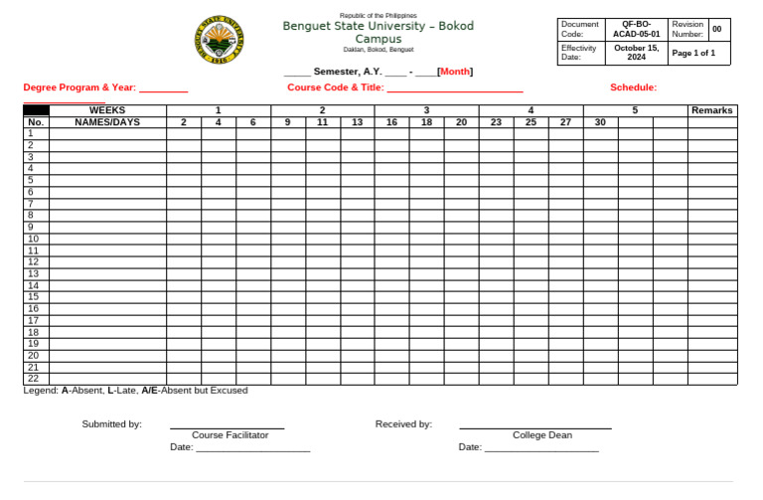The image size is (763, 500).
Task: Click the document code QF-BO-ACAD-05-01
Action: point(636,28)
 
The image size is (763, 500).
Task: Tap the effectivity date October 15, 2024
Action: point(636,52)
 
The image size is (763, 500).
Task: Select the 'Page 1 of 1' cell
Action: point(693,53)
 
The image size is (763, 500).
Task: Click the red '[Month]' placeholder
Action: point(455,72)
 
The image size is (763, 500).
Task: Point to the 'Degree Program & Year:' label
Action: point(79,87)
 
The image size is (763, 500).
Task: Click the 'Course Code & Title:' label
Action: point(335,87)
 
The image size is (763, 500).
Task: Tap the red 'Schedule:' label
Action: point(633,87)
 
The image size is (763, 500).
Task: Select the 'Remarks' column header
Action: point(711,110)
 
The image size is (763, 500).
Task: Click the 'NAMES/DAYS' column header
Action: point(107,122)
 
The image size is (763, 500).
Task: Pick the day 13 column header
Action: point(357,122)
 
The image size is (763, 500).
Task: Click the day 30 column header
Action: point(600,122)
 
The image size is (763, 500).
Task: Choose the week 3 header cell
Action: point(426,110)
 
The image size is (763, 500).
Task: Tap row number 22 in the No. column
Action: point(33,379)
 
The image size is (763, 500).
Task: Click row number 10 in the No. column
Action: point(33,239)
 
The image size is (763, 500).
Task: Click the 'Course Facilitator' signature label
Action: point(229,435)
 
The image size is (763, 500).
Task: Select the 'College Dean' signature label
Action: point(541,435)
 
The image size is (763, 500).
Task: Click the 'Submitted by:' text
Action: point(111,424)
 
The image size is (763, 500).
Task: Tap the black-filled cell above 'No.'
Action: point(36,110)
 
